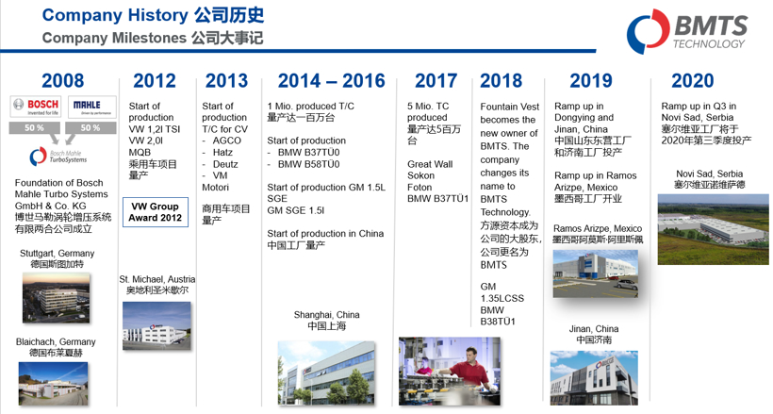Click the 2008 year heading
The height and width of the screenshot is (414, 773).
coord(63,81)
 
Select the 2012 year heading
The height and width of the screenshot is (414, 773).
coord(155,81)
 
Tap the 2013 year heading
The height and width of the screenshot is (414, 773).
coord(226,81)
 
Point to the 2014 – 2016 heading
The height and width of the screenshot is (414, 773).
coord(324,81)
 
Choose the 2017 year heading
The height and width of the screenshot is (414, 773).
coord(436,81)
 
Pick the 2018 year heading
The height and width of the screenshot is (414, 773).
coord(501,81)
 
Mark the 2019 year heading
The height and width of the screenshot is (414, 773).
coord(591,81)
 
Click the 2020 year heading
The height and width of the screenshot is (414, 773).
coord(693,81)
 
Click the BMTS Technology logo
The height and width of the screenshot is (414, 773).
coord(688,31)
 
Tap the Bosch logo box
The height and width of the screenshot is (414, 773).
coord(35,106)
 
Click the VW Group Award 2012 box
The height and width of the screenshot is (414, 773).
coord(156,211)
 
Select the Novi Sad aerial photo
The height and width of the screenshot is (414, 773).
coord(712,229)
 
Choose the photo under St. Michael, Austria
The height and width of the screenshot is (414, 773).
coord(156,325)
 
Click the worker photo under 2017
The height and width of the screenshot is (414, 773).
coord(449,371)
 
